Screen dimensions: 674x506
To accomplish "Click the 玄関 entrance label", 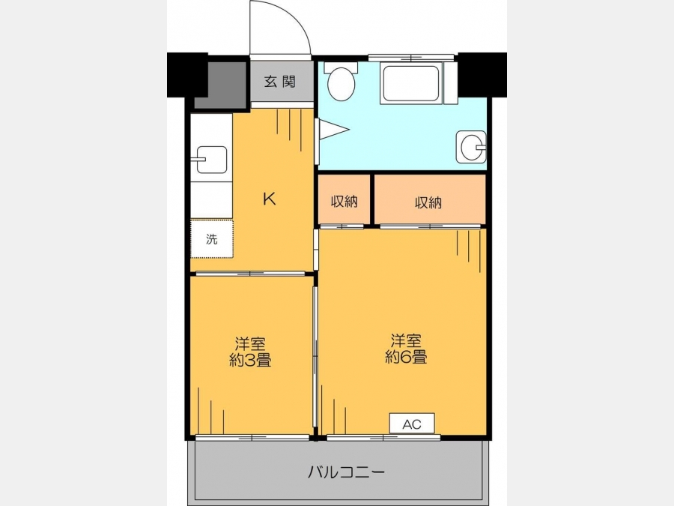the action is pos(280,81).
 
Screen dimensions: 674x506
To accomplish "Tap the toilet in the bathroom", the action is pos(341,81).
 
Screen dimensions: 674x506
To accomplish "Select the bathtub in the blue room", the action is pos(411,83).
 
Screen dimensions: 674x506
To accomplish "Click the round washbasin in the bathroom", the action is pos(471,147).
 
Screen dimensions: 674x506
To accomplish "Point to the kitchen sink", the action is pos(211,160).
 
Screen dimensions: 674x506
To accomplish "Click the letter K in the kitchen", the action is pos(269,199).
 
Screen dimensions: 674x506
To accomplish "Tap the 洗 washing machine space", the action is pos(211,239).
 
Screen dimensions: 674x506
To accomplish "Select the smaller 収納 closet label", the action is pos(344,201).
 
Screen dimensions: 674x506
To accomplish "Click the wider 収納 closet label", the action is pos(428,202).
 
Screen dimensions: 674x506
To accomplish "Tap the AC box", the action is pos(412,424).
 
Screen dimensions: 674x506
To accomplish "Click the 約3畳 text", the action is pos(250,360).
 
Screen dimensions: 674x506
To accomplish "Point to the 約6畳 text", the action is pos(406,357).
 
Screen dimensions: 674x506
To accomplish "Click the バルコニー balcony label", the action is pos(346,472).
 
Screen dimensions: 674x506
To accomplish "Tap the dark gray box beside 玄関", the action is pos(222,85).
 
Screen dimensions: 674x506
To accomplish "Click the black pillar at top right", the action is pos(482,75).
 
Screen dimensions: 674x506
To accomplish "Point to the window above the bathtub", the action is pos(411,58).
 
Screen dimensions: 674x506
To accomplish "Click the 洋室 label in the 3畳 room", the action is pos(250,344).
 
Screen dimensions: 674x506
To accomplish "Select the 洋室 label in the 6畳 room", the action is pos(406,341).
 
